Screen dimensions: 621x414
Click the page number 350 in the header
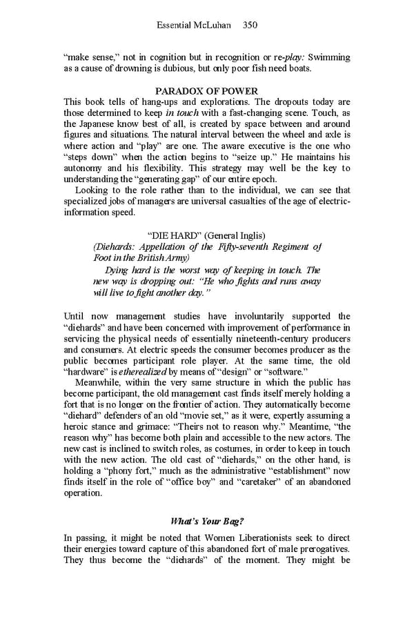click(x=250, y=26)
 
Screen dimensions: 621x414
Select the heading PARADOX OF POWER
click(x=207, y=91)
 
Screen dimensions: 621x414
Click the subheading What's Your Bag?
click(x=206, y=520)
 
